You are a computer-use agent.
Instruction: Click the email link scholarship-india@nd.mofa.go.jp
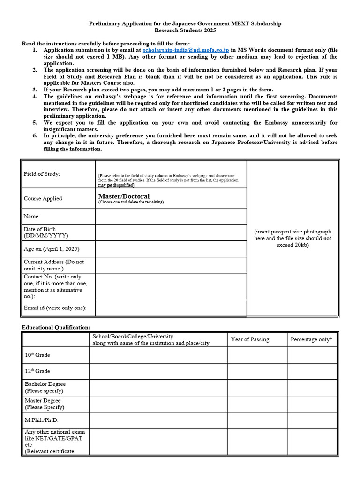pyautogui.click(x=186, y=50)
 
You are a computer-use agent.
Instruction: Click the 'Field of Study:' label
pyautogui.click(x=42, y=174)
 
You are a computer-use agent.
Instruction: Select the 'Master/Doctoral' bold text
pyautogui.click(x=124, y=196)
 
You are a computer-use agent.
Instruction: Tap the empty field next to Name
pyautogui.click(x=171, y=216)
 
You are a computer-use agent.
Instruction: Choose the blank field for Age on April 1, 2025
pyautogui.click(x=171, y=249)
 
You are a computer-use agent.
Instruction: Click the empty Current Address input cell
pyautogui.click(x=171, y=265)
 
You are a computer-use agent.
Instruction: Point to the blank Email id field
pyautogui.click(x=171, y=308)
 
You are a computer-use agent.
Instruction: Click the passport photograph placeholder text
pyautogui.click(x=292, y=238)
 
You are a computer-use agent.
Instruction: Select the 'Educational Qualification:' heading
pyautogui.click(x=56, y=327)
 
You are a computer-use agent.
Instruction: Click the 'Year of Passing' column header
pyautogui.click(x=250, y=339)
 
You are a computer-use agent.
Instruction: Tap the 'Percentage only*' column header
pyautogui.click(x=311, y=339)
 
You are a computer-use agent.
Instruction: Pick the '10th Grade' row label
pyautogui.click(x=37, y=355)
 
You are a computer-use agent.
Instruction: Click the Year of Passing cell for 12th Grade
pyautogui.click(x=257, y=371)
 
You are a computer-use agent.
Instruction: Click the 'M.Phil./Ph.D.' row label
pyautogui.click(x=42, y=420)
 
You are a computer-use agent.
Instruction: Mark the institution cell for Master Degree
pyautogui.click(x=158, y=404)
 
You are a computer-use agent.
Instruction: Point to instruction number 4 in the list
pyautogui.click(x=35, y=96)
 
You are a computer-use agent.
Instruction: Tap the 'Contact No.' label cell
pyautogui.click(x=56, y=286)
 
